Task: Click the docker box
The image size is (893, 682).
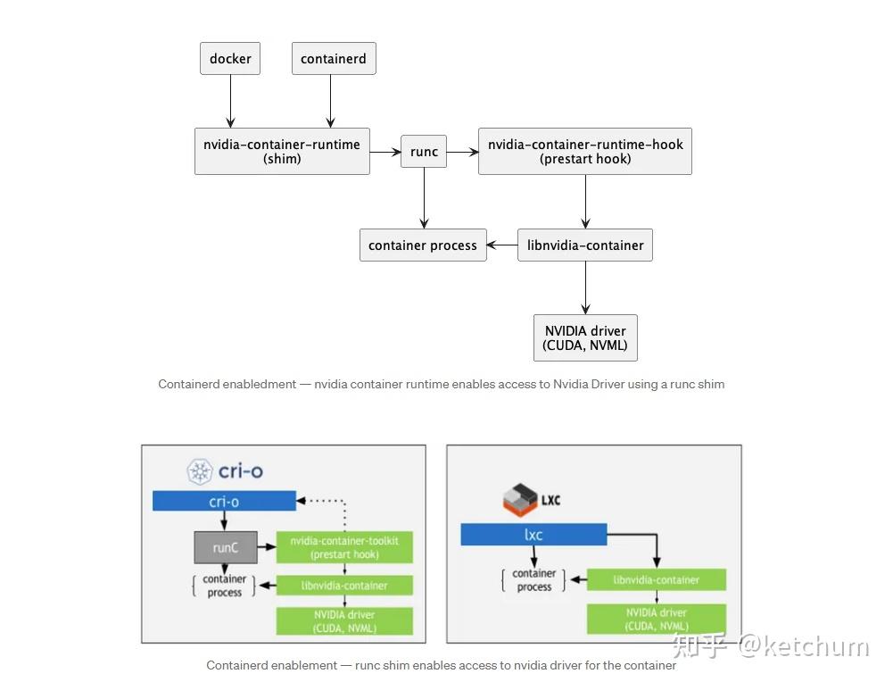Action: coord(230,59)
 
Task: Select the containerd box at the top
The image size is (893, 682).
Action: coord(334,59)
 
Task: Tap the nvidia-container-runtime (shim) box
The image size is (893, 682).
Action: coord(282,151)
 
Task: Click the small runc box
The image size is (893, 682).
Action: coord(424,152)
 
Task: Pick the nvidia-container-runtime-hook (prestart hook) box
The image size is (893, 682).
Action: coord(585,151)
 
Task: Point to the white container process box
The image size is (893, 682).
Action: coord(423,245)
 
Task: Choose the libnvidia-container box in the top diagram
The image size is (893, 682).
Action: coord(585,245)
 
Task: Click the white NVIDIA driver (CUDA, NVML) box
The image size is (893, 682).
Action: coord(585,337)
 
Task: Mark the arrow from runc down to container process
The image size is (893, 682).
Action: coord(424,198)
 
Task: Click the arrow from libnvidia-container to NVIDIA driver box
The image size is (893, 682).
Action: coord(585,287)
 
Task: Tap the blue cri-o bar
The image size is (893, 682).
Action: coord(224,502)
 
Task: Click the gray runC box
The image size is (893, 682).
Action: coord(226,547)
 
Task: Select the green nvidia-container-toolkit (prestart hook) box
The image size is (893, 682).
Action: coord(344,547)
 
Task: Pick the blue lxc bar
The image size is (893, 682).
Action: coord(533,535)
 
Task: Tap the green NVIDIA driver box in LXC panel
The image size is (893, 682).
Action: coord(656,619)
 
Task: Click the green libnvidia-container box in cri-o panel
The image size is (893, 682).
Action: coord(344,586)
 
